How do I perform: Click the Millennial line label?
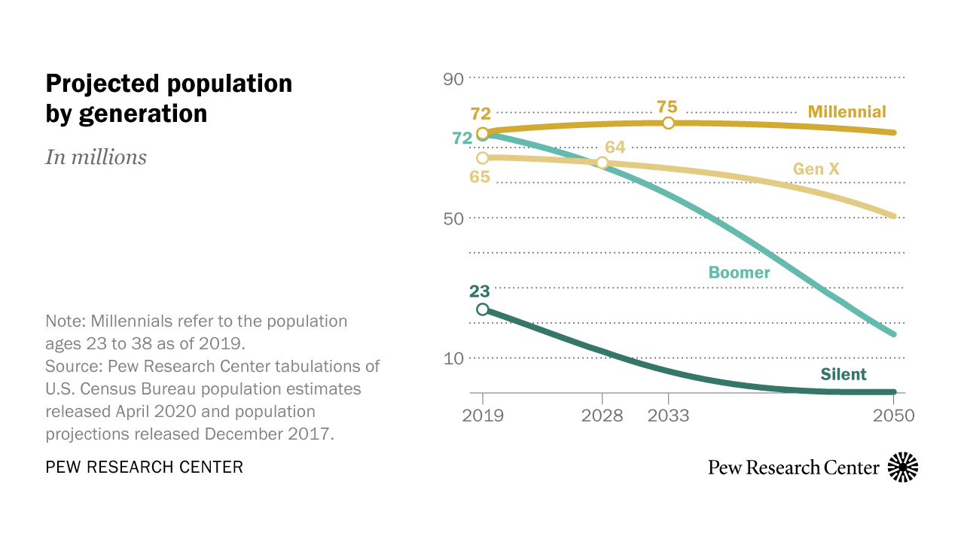[847, 112]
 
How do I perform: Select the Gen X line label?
[816, 169]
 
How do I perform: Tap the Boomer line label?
[739, 273]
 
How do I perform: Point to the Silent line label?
[843, 374]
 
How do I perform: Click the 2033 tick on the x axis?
[668, 416]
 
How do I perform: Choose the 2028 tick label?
[602, 416]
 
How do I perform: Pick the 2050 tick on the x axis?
[894, 416]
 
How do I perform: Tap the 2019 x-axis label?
[483, 416]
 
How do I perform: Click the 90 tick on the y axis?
[454, 78]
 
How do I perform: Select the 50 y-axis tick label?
[454, 218]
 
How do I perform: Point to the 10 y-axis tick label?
[454, 358]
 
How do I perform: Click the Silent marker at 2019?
[483, 309]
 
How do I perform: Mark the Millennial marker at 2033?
[668, 123]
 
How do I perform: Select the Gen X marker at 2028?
[602, 163]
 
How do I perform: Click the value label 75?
[667, 106]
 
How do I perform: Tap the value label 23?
[480, 291]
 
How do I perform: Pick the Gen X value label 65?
[480, 178]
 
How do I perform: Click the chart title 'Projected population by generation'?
[169, 98]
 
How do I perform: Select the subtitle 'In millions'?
[96, 157]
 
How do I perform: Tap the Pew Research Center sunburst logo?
[903, 467]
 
